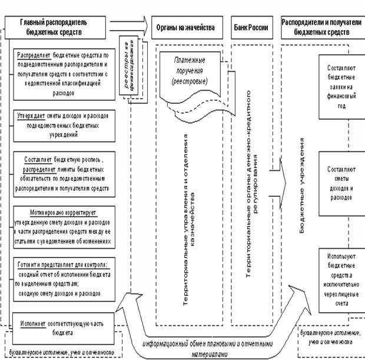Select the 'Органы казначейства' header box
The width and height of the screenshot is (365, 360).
pyautogui.click(x=185, y=27)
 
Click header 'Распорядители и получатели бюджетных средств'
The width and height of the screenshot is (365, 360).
pyautogui.click(x=320, y=27)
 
